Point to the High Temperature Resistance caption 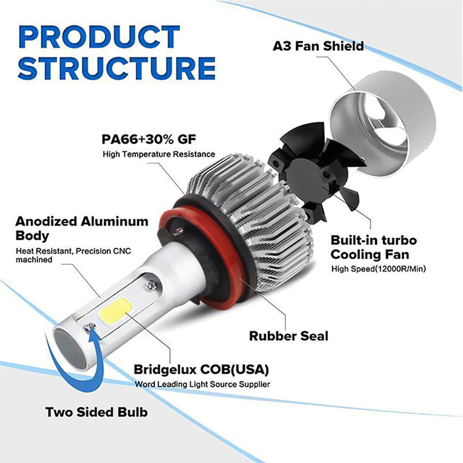point(159,154)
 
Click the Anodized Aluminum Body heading point(82,228)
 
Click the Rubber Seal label point(288,336)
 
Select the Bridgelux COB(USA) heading point(201,369)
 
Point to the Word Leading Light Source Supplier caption point(202,384)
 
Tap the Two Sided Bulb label point(96,412)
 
